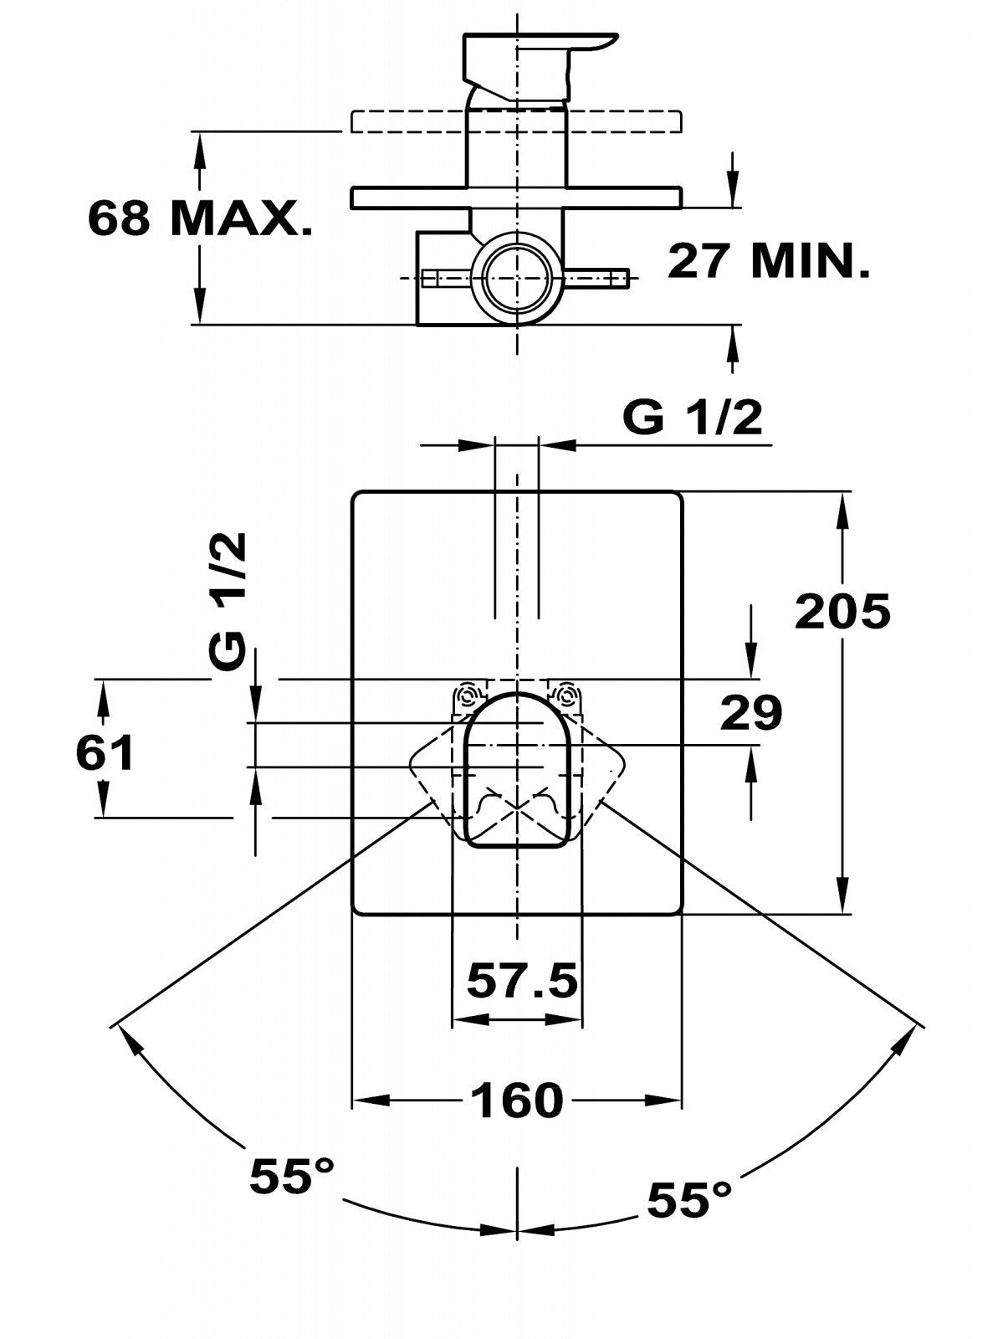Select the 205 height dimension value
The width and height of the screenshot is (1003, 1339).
[x=842, y=611]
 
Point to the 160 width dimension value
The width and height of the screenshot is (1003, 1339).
[x=517, y=1100]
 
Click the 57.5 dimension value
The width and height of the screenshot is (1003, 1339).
[x=522, y=980]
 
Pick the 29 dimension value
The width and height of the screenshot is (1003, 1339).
[x=751, y=712]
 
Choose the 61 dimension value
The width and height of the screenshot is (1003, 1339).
[x=105, y=752]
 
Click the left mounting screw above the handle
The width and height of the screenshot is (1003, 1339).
[x=468, y=695]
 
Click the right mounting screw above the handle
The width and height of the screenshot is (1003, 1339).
[x=568, y=695]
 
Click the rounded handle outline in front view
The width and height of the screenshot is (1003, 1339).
[x=517, y=770]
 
